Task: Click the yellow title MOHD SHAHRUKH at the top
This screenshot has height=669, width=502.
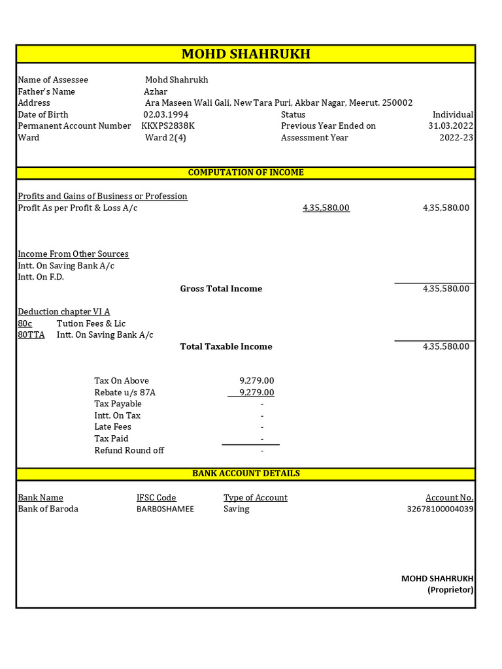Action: (x=246, y=54)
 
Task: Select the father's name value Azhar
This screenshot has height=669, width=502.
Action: (x=156, y=91)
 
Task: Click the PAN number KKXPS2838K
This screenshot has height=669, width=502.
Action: (x=168, y=125)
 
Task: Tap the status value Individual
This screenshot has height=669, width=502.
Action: (x=453, y=114)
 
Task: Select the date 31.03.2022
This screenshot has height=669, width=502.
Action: (x=451, y=125)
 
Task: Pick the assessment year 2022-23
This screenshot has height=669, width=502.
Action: (x=456, y=137)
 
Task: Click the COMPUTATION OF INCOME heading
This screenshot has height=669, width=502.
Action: (x=246, y=172)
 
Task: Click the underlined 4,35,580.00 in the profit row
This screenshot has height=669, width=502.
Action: (x=326, y=208)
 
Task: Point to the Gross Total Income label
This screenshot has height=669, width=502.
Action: (x=221, y=289)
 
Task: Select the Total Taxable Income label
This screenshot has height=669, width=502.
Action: (x=226, y=346)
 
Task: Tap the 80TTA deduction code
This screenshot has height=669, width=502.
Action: (x=31, y=334)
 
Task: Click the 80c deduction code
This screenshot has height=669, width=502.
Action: (x=25, y=323)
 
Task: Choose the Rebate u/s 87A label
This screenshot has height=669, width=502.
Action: (x=125, y=392)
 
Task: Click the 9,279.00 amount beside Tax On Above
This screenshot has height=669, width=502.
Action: (x=257, y=380)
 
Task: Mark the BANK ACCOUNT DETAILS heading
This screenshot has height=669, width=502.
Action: (x=246, y=473)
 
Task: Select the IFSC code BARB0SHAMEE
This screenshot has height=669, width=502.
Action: (x=165, y=509)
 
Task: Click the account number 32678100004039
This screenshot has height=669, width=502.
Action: (x=440, y=509)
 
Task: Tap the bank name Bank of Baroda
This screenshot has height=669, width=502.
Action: (x=48, y=508)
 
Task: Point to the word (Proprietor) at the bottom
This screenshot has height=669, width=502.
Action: (x=450, y=589)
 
